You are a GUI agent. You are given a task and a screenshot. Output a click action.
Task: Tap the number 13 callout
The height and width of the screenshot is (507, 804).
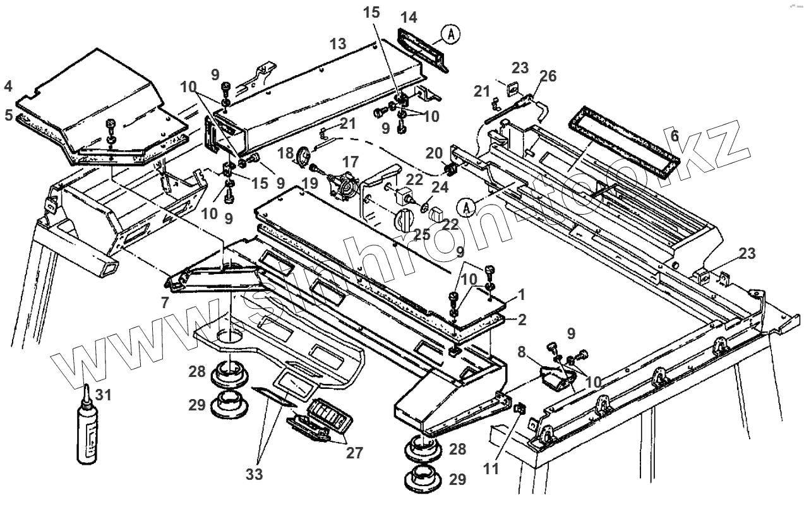[337, 44]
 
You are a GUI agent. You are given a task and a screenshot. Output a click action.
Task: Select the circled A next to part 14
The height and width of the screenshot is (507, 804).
[450, 35]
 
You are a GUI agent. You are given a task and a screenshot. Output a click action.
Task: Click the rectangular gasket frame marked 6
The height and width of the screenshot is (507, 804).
[625, 143]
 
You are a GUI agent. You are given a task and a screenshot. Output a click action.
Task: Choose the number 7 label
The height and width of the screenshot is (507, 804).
[165, 303]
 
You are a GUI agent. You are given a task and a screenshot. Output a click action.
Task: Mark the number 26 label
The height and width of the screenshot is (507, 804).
[548, 76]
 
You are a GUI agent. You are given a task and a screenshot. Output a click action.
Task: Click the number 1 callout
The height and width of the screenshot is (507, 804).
[522, 294]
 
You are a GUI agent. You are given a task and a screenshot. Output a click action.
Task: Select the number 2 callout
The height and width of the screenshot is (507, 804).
[522, 319]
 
